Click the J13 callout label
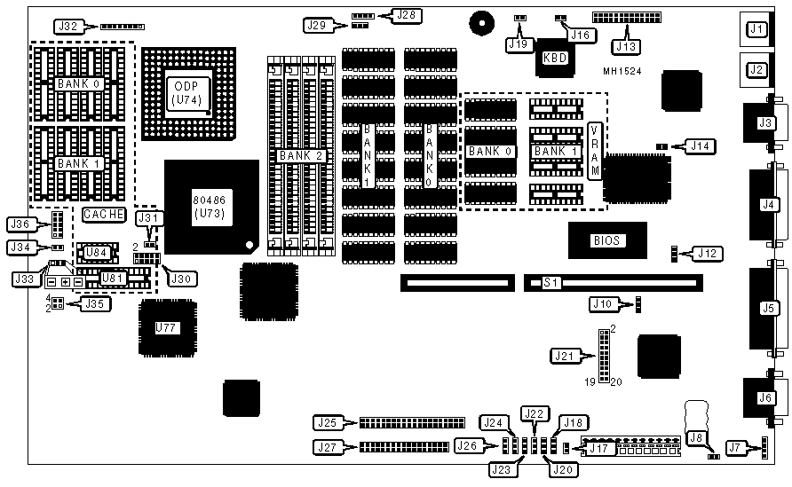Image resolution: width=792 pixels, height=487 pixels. pyautogui.click(x=627, y=45)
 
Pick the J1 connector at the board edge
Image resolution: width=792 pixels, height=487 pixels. pyautogui.click(x=756, y=30)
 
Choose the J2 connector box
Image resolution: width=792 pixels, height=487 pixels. pyautogui.click(x=756, y=68)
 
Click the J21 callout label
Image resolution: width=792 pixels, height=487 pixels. pyautogui.click(x=565, y=357)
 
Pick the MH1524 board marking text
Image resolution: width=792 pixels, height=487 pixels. pyautogui.click(x=622, y=71)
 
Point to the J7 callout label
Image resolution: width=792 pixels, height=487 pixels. pyautogui.click(x=733, y=447)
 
